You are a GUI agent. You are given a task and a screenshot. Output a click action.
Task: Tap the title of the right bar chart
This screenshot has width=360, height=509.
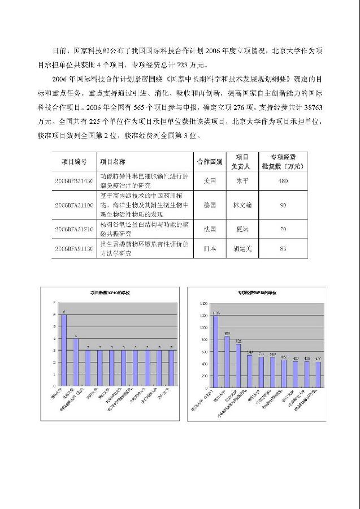point(258,292)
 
